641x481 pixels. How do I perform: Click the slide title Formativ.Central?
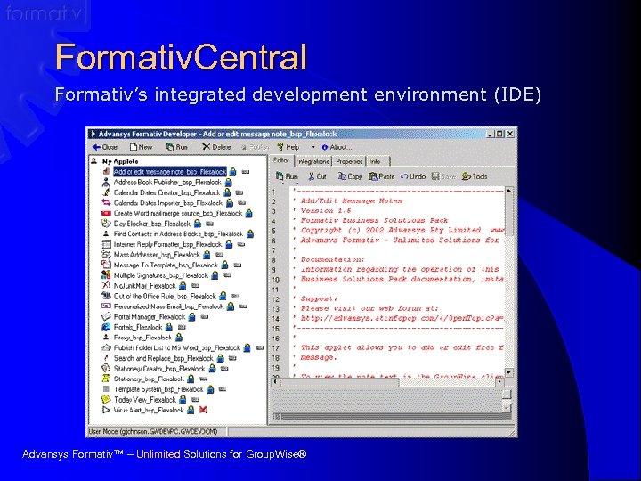click(181, 58)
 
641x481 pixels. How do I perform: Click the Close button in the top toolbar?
click(105, 147)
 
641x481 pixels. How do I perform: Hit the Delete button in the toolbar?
click(216, 147)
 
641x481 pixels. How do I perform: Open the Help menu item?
click(288, 147)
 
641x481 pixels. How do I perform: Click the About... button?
click(337, 147)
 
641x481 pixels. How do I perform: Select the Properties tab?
click(349, 161)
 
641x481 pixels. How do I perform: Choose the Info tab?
click(376, 161)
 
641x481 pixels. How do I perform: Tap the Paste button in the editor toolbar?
click(382, 176)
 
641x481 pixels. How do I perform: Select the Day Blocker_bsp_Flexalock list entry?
click(151, 224)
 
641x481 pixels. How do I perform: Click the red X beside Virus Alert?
click(203, 410)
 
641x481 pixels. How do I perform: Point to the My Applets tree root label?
click(120, 161)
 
